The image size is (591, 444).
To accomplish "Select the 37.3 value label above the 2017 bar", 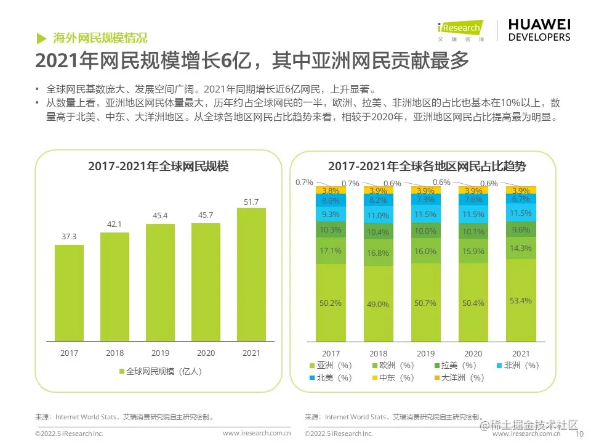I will point(69,237).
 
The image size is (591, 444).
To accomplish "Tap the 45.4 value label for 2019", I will point(160,215).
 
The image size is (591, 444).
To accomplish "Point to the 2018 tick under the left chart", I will point(115,353).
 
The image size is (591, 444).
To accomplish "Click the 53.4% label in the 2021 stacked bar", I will point(520,300).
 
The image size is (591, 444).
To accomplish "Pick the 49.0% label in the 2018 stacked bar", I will point(378,304).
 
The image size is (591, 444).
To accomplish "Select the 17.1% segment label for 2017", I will point(331,251).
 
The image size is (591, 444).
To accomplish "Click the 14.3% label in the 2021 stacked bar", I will point(520,248).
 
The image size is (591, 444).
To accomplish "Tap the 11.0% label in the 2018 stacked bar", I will point(378,216).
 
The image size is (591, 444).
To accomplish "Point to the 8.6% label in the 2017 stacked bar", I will point(331,201).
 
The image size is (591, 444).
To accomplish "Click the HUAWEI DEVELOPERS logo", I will point(539,30).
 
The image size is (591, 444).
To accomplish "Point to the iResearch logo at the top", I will point(460,30).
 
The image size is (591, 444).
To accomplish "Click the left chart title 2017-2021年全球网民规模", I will point(158,166).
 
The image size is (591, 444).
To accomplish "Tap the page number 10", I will point(579,434).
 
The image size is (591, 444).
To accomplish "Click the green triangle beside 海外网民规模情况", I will point(41,38).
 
